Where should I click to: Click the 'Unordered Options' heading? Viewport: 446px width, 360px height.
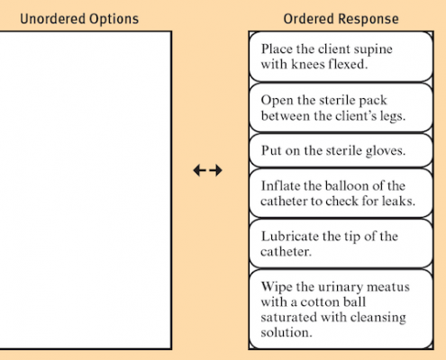point(79,19)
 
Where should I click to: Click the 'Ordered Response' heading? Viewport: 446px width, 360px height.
point(341,19)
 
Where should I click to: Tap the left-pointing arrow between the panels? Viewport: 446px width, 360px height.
point(200,170)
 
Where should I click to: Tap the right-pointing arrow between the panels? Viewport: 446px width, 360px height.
point(215,170)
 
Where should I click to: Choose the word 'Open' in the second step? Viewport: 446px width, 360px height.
point(278,101)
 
